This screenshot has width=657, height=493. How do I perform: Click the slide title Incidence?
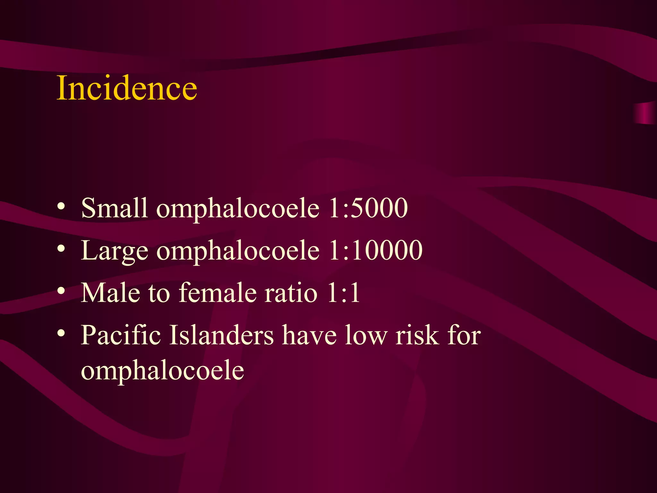(x=127, y=88)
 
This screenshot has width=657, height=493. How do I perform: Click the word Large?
(x=115, y=251)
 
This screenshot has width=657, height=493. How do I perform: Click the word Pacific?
(x=121, y=335)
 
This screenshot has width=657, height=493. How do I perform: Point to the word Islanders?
(x=221, y=335)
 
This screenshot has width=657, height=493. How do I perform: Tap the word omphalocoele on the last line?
(x=162, y=371)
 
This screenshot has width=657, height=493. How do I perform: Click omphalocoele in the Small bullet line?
(x=238, y=209)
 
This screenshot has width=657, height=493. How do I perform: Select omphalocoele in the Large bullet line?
(x=238, y=251)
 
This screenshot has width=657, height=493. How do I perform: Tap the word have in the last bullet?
(x=309, y=335)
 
